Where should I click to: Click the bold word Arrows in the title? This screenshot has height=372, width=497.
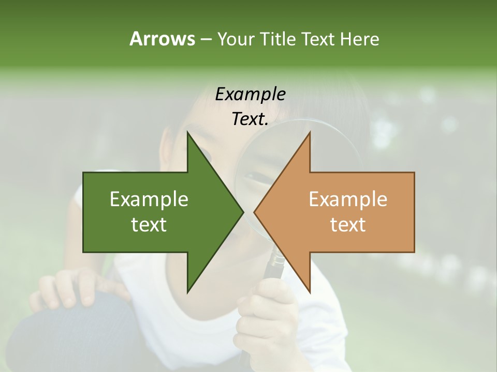[162, 39]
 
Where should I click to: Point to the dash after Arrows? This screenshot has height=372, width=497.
[206, 39]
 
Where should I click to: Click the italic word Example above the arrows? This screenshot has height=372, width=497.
[250, 94]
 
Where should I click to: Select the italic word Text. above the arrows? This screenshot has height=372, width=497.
[250, 119]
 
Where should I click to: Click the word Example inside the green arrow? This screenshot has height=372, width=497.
[149, 199]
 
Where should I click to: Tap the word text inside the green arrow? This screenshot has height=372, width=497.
[149, 225]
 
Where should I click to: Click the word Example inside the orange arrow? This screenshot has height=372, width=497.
[348, 199]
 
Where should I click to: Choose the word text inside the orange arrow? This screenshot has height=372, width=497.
[348, 225]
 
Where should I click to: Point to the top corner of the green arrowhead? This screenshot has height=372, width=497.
[187, 132]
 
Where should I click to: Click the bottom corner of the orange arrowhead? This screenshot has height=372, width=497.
[310, 292]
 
